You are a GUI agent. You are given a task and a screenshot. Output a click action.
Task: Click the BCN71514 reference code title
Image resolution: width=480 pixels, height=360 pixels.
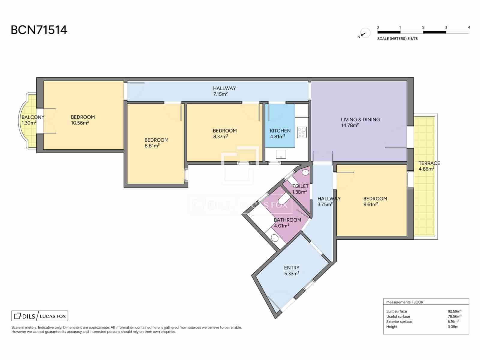click(x=39, y=30)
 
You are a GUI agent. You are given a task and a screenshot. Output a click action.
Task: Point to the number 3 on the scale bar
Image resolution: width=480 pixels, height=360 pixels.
click(x=446, y=27)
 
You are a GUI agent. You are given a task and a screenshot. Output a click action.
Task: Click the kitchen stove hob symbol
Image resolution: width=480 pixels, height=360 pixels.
click(x=302, y=133)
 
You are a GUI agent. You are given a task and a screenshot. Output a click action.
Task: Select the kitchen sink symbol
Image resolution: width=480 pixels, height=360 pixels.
click(x=281, y=154)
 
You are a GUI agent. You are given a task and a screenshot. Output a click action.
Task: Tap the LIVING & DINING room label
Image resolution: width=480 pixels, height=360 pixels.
click(x=360, y=120)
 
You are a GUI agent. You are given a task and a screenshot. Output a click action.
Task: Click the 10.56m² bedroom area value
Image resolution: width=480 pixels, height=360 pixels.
click(x=80, y=123)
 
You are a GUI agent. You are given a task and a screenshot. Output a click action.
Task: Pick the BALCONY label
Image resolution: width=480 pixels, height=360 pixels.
click(x=33, y=117)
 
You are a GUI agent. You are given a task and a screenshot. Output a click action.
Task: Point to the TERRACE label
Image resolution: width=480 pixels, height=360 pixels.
click(x=429, y=163)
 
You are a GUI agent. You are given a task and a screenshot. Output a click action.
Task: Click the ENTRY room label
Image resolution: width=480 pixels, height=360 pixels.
click(x=292, y=268)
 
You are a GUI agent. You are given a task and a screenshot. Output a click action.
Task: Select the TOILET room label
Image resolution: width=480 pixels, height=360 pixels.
click(x=301, y=186)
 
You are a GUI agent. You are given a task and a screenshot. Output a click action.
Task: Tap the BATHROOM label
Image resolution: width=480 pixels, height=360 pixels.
click(x=288, y=220)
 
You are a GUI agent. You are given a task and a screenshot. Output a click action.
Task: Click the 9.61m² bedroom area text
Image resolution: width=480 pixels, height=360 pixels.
click(x=371, y=204)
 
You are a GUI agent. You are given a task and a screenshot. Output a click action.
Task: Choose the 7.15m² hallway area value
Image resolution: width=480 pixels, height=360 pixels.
click(x=220, y=94)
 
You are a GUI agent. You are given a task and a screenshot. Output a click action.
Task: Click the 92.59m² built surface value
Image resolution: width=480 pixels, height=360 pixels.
click(x=454, y=311)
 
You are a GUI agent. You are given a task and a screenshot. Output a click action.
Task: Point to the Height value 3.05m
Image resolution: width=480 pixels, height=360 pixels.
click(x=453, y=327)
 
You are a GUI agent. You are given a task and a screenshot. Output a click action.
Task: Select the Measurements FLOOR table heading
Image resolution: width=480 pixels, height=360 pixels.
click(x=405, y=302)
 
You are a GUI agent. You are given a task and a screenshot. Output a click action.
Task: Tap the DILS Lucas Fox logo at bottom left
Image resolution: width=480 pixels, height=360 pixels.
click(x=40, y=316)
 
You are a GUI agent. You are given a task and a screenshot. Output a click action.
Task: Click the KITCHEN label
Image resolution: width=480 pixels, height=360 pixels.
click(x=280, y=131)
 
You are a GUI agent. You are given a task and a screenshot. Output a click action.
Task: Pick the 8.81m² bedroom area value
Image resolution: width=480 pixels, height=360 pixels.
click(x=152, y=145)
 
